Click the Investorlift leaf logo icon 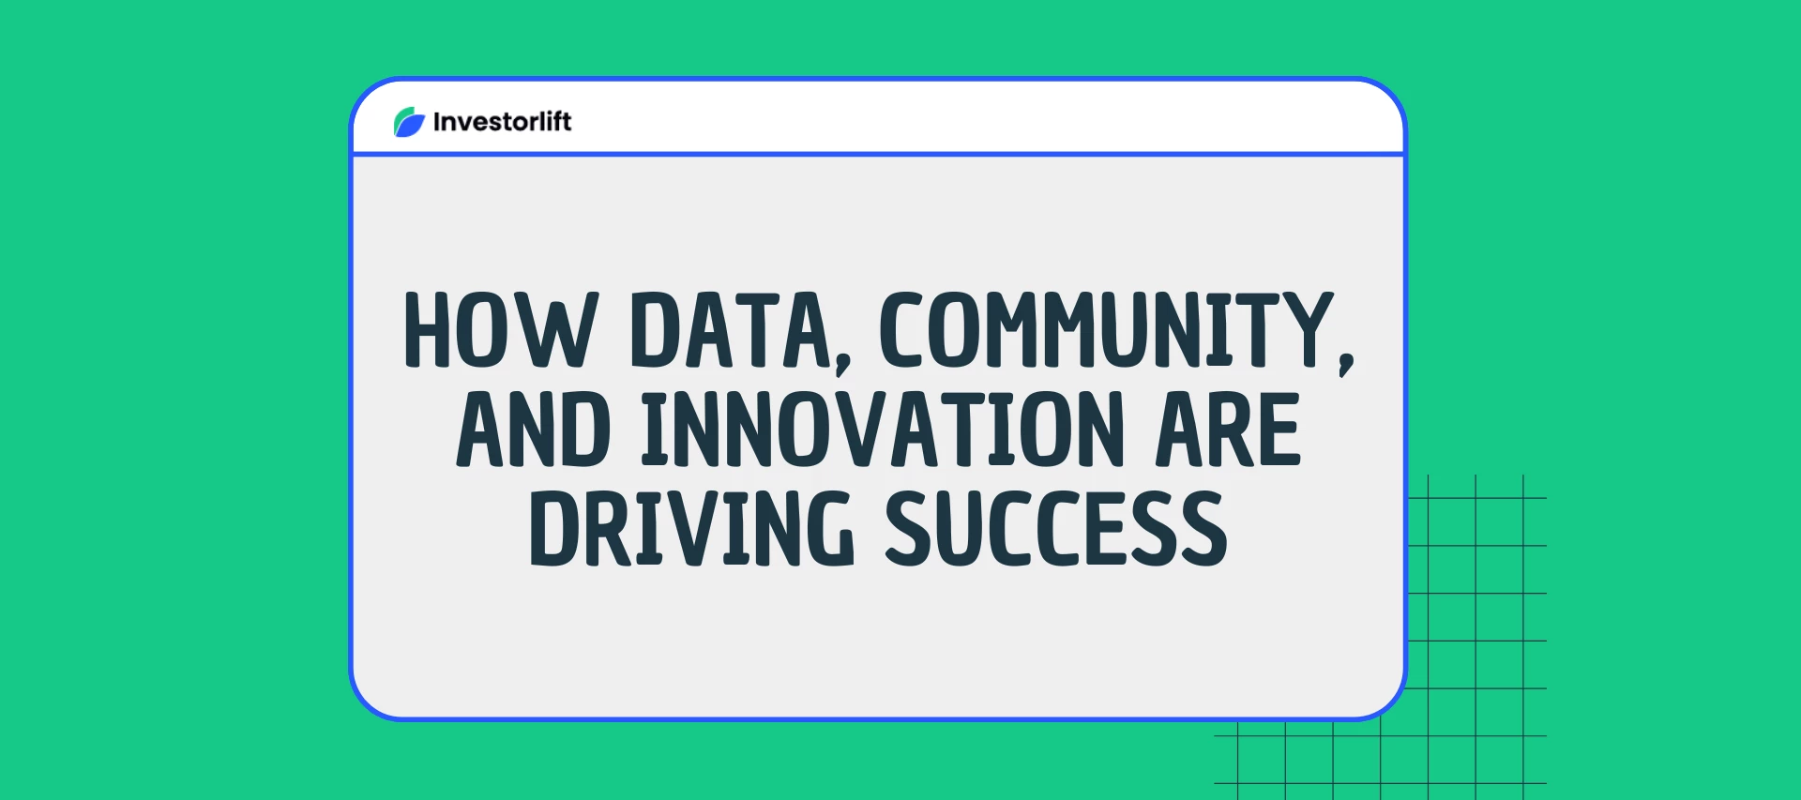click(x=409, y=122)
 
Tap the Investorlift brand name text click(x=502, y=122)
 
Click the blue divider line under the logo click(x=878, y=154)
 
